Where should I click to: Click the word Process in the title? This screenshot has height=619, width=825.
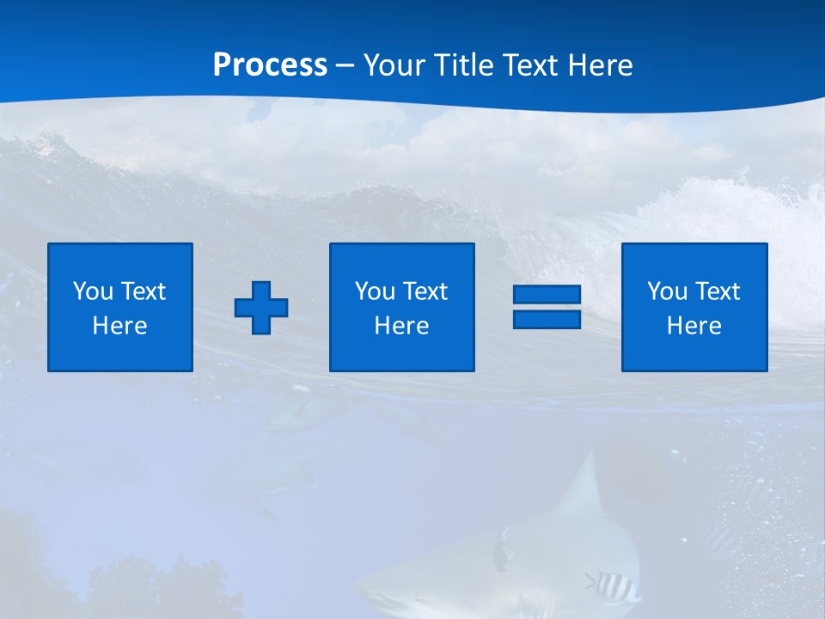click(x=270, y=64)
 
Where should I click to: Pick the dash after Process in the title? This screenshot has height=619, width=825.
click(x=345, y=66)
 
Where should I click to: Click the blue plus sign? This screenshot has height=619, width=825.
click(x=261, y=308)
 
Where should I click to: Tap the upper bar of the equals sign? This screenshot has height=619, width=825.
click(x=547, y=295)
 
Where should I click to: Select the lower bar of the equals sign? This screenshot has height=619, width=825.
click(x=547, y=319)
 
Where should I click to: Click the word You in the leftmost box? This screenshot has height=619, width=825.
click(x=93, y=291)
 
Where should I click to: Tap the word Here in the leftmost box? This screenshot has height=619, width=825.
click(x=120, y=326)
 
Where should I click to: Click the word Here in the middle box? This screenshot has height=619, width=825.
click(x=402, y=326)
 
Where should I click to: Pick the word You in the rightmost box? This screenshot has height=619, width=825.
click(x=667, y=291)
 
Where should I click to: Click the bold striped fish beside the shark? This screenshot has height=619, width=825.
click(x=614, y=586)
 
